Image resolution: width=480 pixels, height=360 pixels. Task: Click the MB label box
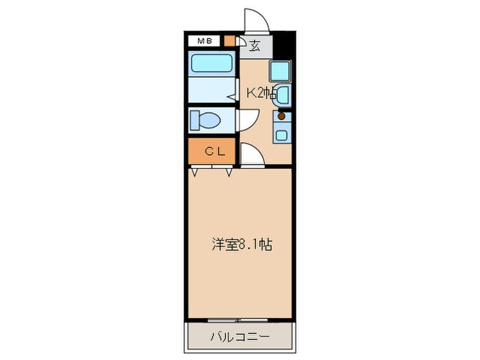click(x=204, y=41)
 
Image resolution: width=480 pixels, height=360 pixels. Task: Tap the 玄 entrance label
click(x=254, y=47)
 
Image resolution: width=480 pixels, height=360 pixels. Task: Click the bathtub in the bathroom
click(x=212, y=64)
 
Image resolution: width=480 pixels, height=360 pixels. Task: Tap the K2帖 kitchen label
click(x=261, y=94)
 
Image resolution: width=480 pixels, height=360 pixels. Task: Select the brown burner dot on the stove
click(x=281, y=117)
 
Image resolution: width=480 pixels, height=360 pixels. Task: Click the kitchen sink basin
click(x=284, y=94)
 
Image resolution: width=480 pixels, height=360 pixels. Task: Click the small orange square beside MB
click(x=228, y=41)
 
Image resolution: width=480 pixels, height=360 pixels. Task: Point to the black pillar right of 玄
click(x=284, y=46)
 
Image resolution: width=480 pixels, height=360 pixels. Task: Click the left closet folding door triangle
click(x=195, y=172)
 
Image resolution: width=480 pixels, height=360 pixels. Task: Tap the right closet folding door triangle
click(x=228, y=172)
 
